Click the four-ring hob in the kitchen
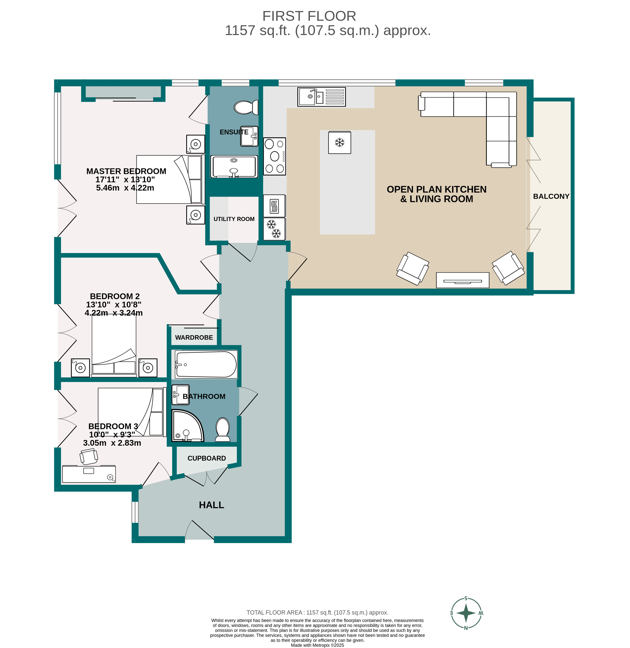[274, 156]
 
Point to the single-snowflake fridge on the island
[339, 142]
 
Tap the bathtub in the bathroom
[206, 364]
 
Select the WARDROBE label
[194, 337]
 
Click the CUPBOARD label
[207, 458]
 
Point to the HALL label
[211, 505]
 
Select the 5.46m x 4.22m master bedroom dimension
[125, 188]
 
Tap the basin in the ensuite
[249, 136]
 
